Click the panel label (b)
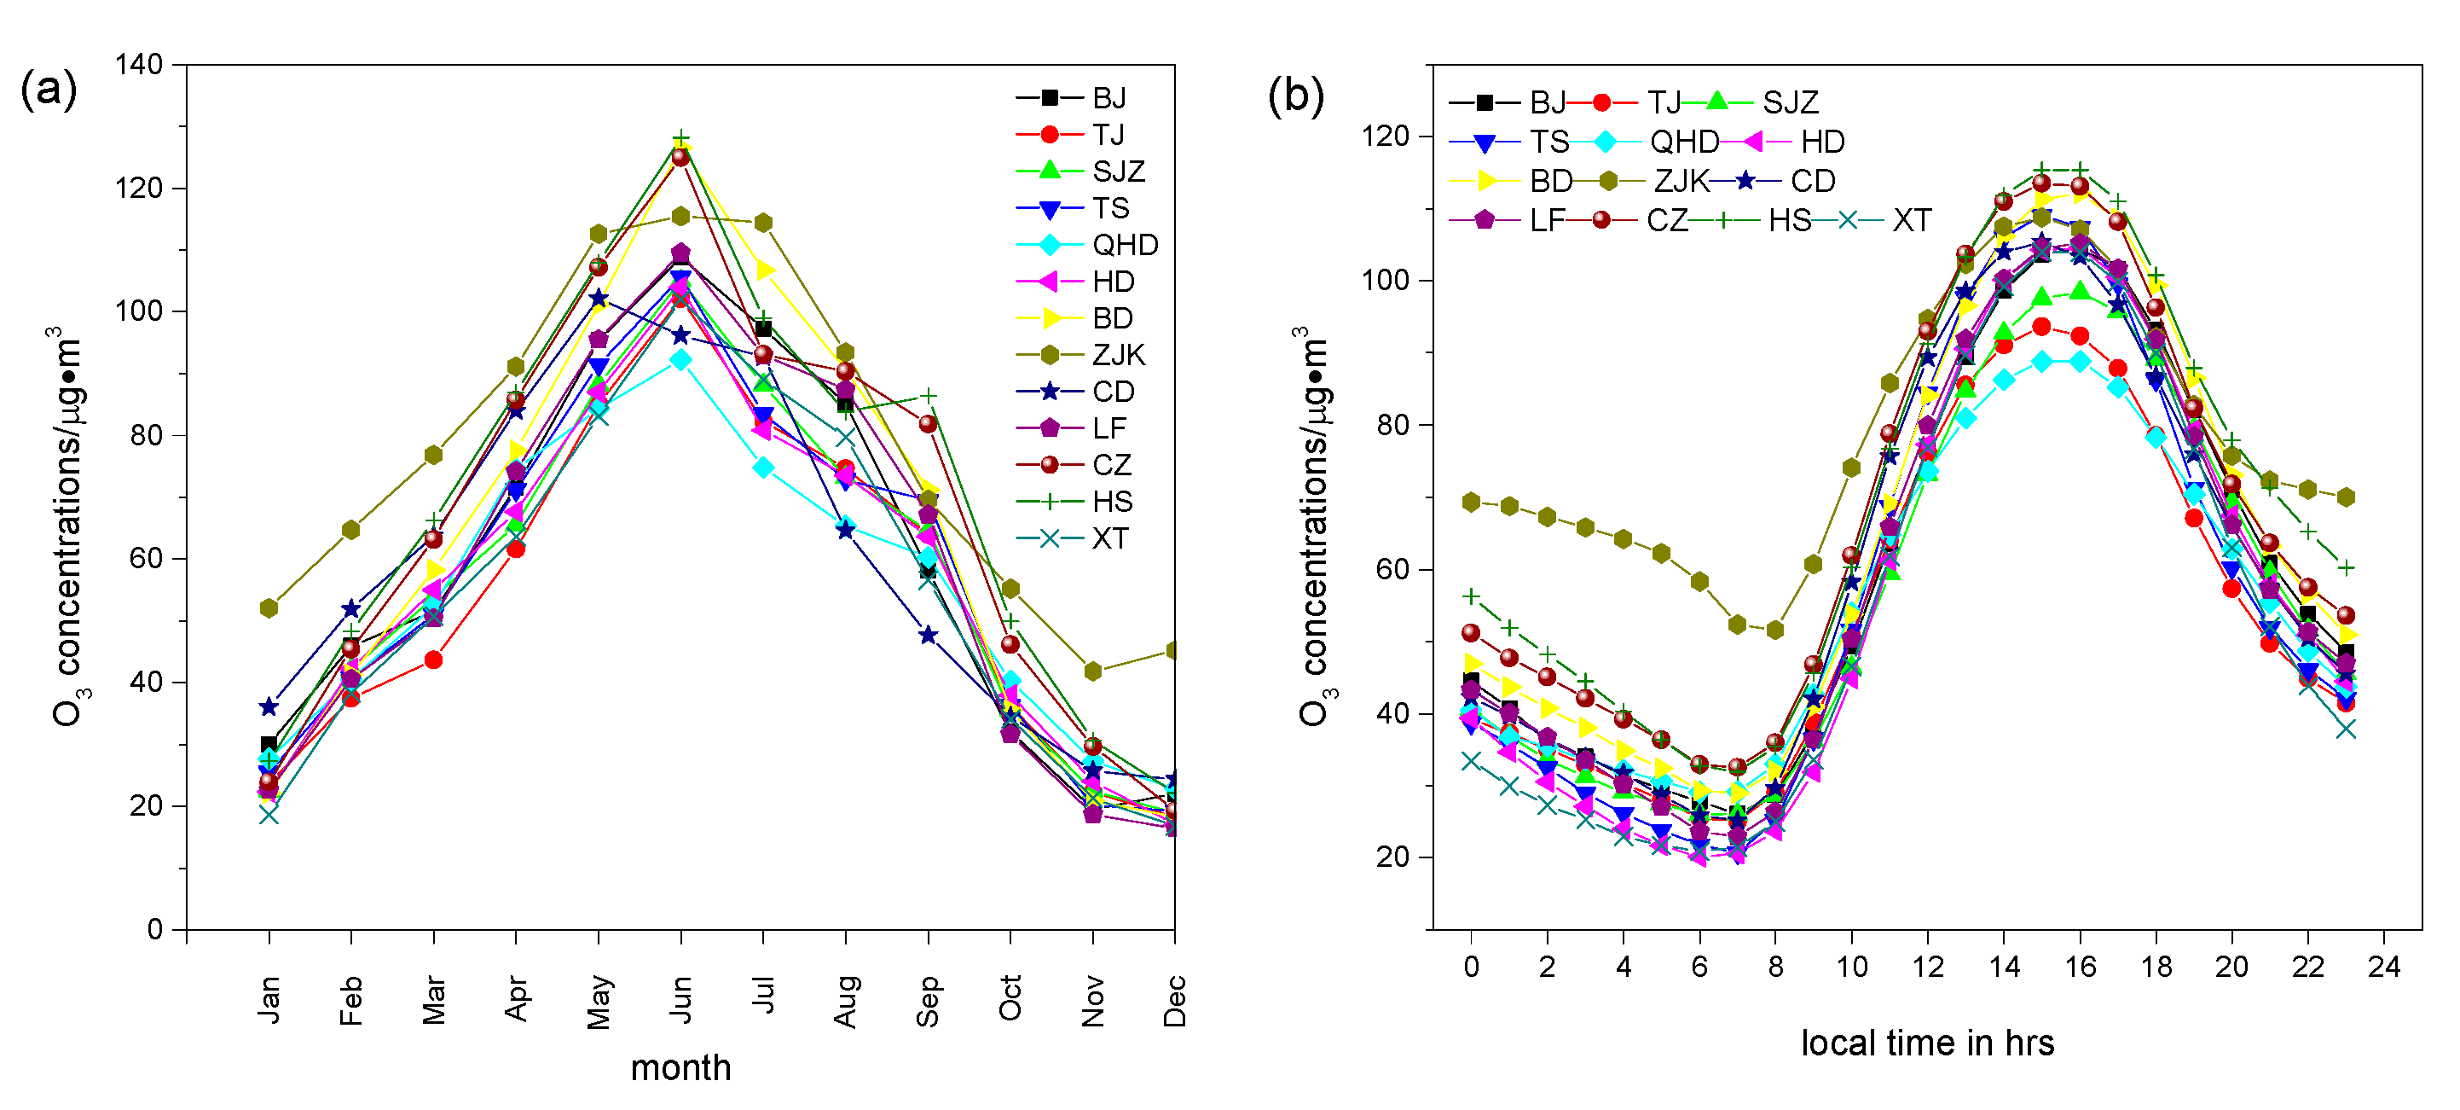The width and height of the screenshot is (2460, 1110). pyautogui.click(x=1295, y=95)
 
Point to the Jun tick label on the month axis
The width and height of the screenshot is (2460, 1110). pyautogui.click(x=680, y=998)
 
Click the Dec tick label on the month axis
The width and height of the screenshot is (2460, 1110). pyautogui.click(x=1175, y=1000)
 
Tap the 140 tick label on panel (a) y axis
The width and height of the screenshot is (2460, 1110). pyautogui.click(x=138, y=64)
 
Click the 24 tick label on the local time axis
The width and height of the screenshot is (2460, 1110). pyautogui.click(x=2383, y=967)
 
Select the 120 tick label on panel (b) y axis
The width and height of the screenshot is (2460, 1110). pyautogui.click(x=1386, y=136)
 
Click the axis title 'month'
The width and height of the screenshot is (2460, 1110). pyautogui.click(x=680, y=1068)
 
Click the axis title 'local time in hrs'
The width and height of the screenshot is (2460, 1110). pyautogui.click(x=1927, y=1043)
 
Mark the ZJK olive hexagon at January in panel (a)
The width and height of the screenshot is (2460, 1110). pyautogui.click(x=269, y=608)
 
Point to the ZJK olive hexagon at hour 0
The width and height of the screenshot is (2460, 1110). pyautogui.click(x=1471, y=503)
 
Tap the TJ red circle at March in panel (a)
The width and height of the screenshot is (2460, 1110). pyautogui.click(x=433, y=660)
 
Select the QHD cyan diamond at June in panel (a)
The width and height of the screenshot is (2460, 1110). pyautogui.click(x=680, y=360)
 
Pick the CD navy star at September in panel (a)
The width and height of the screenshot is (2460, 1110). pyautogui.click(x=927, y=636)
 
